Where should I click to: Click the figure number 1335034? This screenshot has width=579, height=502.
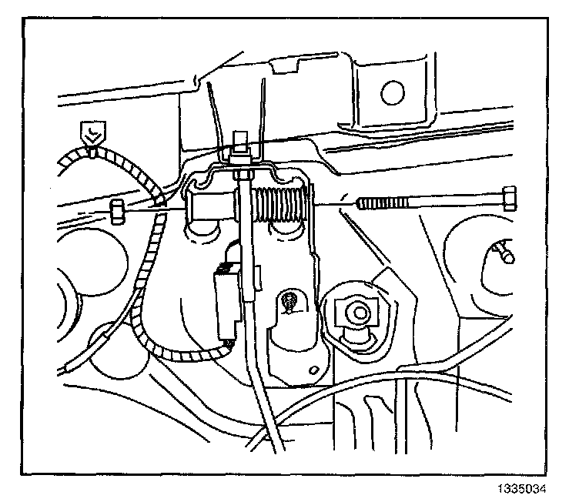pos(534,487)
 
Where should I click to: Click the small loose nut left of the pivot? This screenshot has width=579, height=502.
pos(118,209)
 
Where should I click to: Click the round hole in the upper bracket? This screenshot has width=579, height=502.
pos(392,90)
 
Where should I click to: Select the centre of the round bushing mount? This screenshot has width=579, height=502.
pos(355,313)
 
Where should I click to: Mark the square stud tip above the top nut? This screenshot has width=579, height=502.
pos(239,142)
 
